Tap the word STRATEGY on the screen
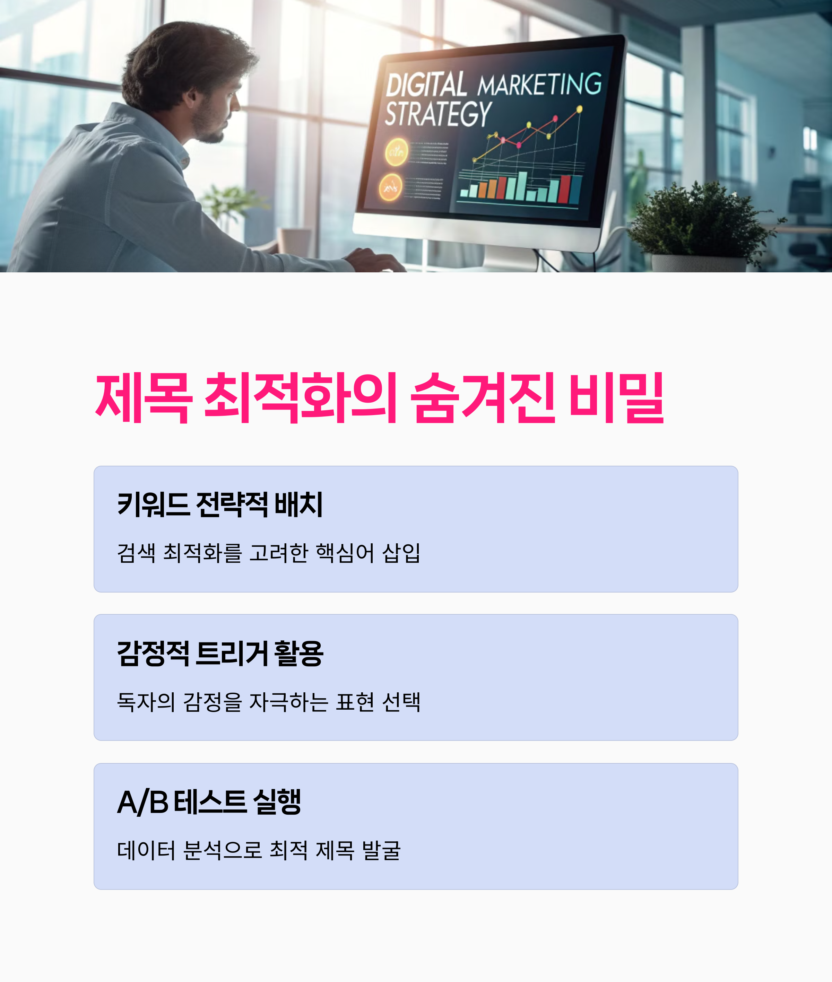(438, 114)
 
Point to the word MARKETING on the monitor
(539, 85)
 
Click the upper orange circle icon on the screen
(396, 152)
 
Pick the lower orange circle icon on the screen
(391, 187)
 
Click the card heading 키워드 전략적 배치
(220, 505)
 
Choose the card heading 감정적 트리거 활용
(220, 654)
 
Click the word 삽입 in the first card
(401, 553)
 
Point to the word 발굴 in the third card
(381, 850)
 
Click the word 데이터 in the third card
(146, 850)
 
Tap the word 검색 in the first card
(136, 553)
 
